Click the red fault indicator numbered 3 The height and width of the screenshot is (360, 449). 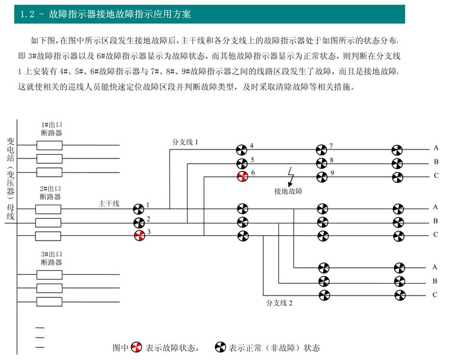click(139, 236)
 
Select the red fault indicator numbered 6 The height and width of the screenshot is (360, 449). click(243, 176)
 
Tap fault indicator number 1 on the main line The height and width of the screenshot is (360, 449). click(139, 209)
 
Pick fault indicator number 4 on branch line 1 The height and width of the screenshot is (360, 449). click(242, 150)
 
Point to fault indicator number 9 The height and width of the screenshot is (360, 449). click(322, 177)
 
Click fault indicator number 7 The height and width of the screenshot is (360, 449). click(321, 150)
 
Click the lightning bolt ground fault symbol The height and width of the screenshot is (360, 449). click(291, 177)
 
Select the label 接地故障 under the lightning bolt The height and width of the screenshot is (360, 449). click(288, 191)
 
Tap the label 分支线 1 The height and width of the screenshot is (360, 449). click(185, 142)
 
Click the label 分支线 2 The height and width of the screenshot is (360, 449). click(279, 303)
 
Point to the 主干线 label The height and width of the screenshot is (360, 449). click(109, 203)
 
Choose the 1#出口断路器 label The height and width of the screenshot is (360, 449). click(51, 129)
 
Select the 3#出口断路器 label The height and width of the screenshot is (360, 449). click(51, 258)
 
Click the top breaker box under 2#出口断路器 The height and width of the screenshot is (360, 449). click(48, 209)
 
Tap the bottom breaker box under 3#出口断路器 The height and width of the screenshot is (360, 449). click(49, 302)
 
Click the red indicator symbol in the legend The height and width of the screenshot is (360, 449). click(136, 348)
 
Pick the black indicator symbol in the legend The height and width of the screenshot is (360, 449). click(220, 347)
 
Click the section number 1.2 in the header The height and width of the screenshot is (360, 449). click(28, 14)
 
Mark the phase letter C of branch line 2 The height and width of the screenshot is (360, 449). click(435, 294)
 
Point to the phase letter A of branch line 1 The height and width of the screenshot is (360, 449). click(436, 148)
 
